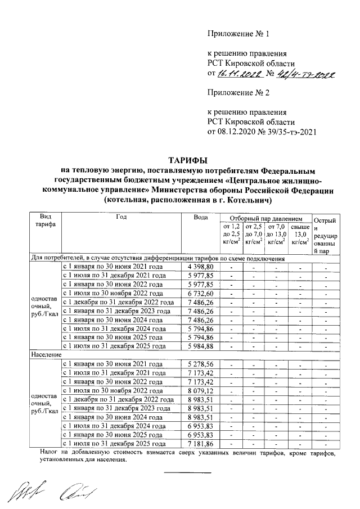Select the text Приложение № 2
[x=238, y=92]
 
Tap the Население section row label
[x=46, y=355]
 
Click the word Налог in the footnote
[x=52, y=452]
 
